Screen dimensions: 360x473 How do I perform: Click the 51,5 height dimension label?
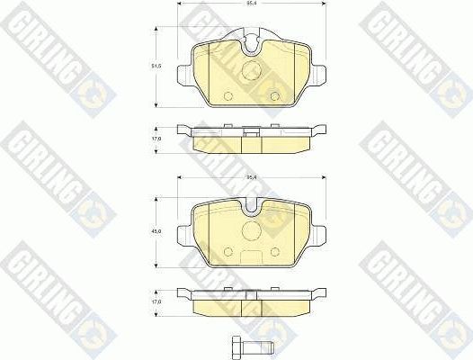[x=156, y=67]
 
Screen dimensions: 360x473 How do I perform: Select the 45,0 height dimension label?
[x=156, y=232]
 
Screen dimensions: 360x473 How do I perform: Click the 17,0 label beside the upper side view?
[x=156, y=139]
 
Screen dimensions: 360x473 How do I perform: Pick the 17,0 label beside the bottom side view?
[x=156, y=302]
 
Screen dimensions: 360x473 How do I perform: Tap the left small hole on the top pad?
[x=227, y=96]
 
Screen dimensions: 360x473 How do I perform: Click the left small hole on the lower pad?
[x=227, y=253]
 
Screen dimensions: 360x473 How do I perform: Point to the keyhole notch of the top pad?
[x=253, y=41]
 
